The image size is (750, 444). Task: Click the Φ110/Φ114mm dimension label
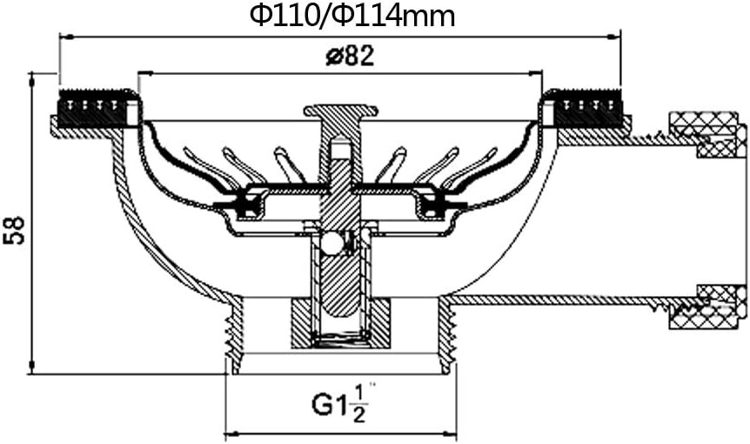coord(352,16)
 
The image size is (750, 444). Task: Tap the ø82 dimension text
coord(350,57)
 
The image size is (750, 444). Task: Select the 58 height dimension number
coord(14,230)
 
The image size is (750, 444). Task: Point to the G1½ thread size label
coord(340,405)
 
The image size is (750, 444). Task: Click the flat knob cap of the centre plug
coord(340,111)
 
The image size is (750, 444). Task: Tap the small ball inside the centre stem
coord(330,244)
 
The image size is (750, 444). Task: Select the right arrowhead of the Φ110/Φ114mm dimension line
coord(613,37)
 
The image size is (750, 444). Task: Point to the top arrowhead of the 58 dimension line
coord(31,80)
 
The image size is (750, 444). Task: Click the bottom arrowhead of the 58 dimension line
coord(31,367)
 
